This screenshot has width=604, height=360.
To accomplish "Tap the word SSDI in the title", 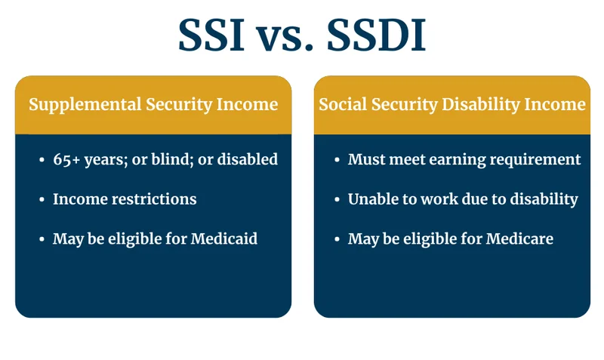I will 377,35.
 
